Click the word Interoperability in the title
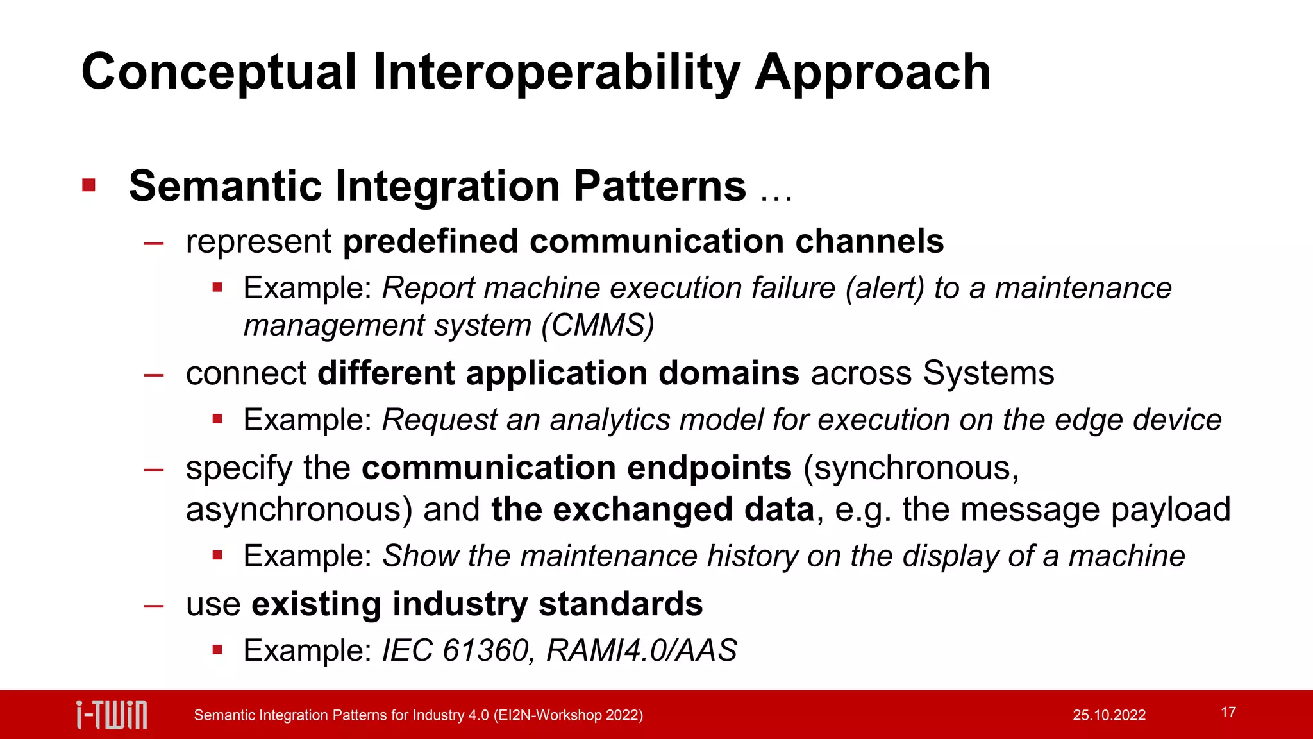pyautogui.click(x=556, y=72)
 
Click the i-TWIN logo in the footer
pyautogui.click(x=112, y=715)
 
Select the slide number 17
pyautogui.click(x=1228, y=712)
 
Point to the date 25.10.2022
pyautogui.click(x=1108, y=715)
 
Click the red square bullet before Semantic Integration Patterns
pyautogui.click(x=89, y=186)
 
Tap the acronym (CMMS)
pyautogui.click(x=598, y=325)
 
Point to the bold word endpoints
pyautogui.click(x=709, y=468)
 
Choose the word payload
pyautogui.click(x=1170, y=509)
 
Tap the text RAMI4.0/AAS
pyautogui.click(x=641, y=650)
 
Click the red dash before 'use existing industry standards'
pyautogui.click(x=154, y=605)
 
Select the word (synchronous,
pyautogui.click(x=910, y=468)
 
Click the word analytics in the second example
pyautogui.click(x=610, y=420)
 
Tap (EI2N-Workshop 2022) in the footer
pyautogui.click(x=568, y=715)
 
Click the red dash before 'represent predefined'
pyautogui.click(x=154, y=242)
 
